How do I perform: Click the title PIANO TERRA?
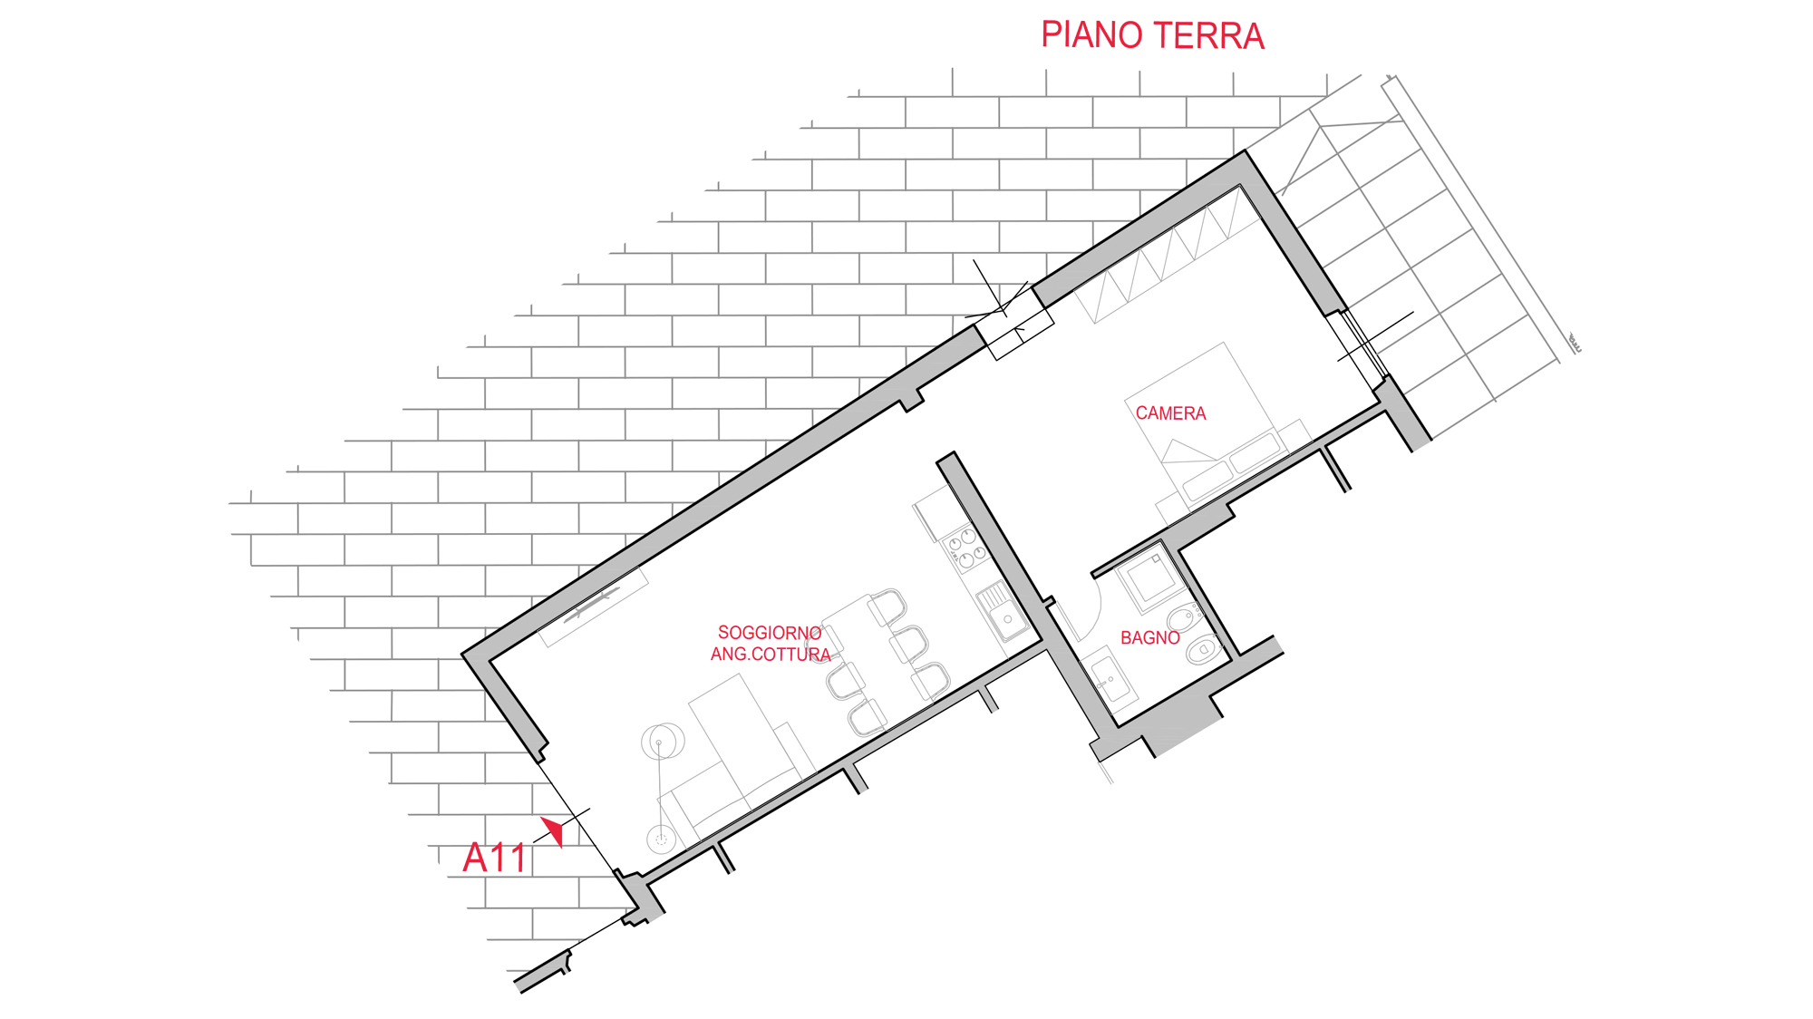pyautogui.click(x=1151, y=36)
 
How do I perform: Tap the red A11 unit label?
pyautogui.click(x=494, y=858)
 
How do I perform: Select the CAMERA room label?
pyautogui.click(x=1170, y=413)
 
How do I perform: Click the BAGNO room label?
pyautogui.click(x=1149, y=638)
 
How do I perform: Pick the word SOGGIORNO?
pyautogui.click(x=769, y=633)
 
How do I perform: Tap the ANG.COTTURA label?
pyautogui.click(x=771, y=655)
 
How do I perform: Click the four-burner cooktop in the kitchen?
pyautogui.click(x=966, y=547)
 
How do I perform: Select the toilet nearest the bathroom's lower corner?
pyautogui.click(x=1203, y=649)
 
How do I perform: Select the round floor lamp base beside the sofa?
pyautogui.click(x=661, y=839)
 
